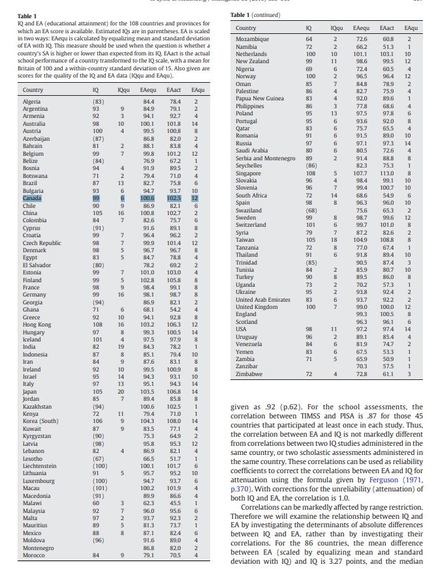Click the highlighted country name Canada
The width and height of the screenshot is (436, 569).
click(31, 197)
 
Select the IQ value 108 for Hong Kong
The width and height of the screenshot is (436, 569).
click(95, 324)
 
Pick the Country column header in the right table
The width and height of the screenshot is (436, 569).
click(246, 29)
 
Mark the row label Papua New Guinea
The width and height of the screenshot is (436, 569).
click(259, 98)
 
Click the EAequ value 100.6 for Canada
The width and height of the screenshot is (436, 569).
click(148, 197)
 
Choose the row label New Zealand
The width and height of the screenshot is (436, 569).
click(252, 59)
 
